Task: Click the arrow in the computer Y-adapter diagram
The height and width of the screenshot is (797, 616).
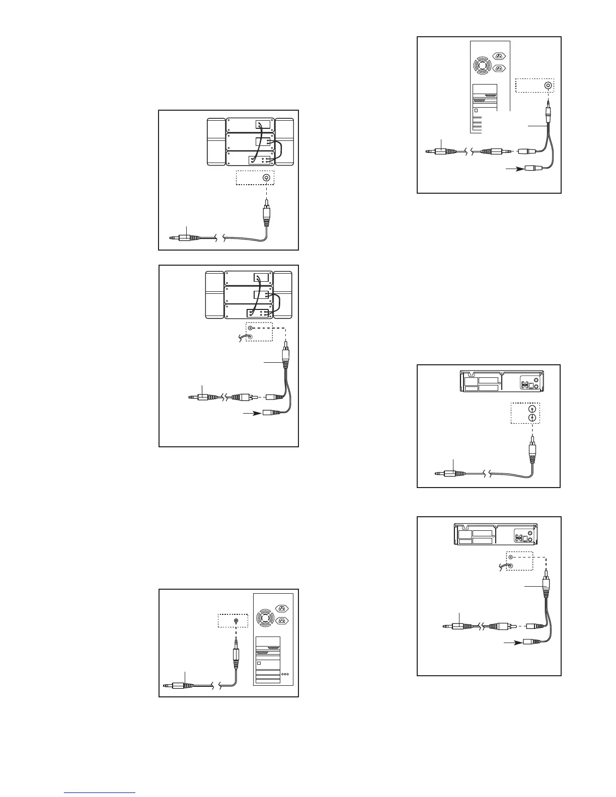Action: pos(514,170)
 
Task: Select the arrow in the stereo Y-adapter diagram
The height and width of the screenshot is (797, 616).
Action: pos(253,414)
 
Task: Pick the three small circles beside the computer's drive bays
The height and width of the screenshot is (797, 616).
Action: pos(285,674)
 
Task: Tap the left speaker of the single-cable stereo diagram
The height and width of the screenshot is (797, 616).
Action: pos(216,142)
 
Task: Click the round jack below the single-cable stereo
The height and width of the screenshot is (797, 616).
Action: pos(266,178)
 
